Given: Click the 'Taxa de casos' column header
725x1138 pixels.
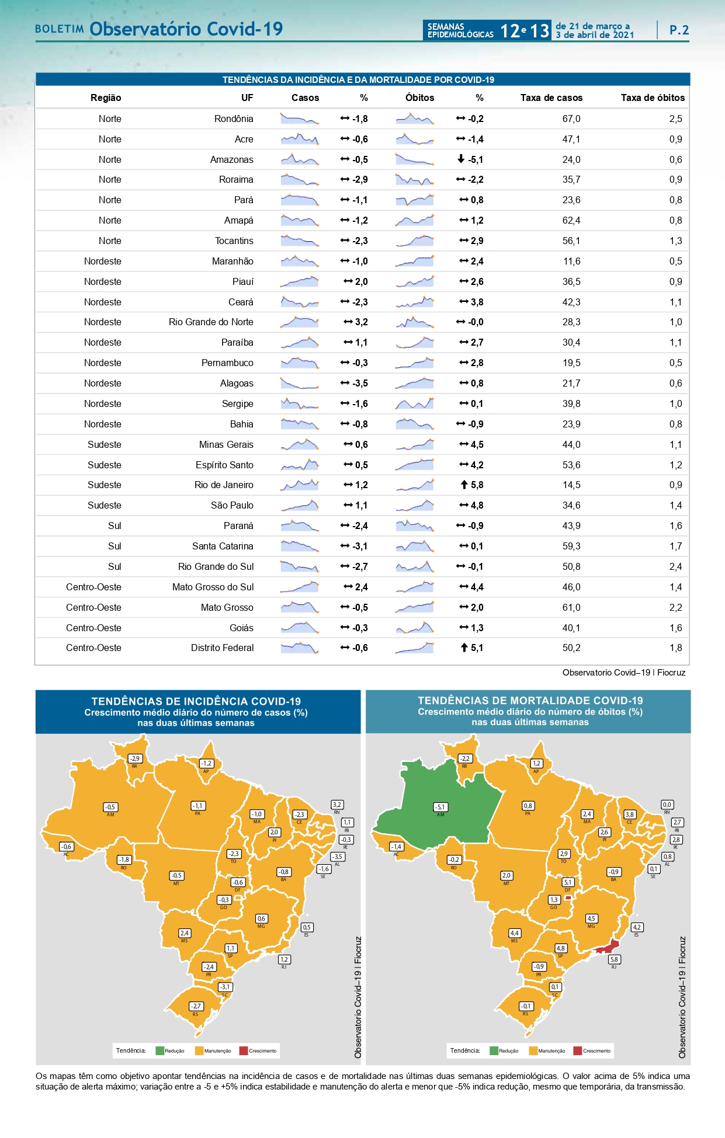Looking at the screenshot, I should click(x=551, y=98).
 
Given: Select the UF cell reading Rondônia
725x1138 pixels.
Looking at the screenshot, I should click(x=234, y=119).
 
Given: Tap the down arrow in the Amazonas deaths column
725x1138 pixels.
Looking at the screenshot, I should click(x=461, y=159).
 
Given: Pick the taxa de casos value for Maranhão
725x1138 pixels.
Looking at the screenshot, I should click(x=571, y=262).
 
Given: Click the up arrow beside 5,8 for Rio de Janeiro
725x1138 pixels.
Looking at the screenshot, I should click(x=464, y=485).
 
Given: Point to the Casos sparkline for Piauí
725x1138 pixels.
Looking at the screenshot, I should click(x=300, y=281).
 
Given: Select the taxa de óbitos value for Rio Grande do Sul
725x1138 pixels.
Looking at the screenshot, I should click(x=675, y=567).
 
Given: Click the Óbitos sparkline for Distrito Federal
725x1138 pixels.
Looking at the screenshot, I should click(x=414, y=648).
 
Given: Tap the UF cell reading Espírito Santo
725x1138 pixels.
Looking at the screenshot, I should click(x=224, y=465).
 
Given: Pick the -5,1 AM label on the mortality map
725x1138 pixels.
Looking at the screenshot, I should click(x=440, y=807).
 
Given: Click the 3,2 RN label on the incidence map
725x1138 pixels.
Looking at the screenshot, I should click(x=337, y=805).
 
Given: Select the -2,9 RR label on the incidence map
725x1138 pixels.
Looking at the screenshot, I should click(x=134, y=758).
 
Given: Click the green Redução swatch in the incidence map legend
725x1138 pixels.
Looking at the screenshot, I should click(x=159, y=1051).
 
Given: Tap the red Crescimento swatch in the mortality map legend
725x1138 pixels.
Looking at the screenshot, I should click(x=578, y=1051).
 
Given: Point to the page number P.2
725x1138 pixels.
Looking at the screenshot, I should click(x=679, y=30).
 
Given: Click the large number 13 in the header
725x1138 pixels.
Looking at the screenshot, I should click(x=540, y=30).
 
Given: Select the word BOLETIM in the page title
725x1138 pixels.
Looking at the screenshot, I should click(x=59, y=29).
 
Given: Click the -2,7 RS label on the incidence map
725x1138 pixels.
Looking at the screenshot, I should click(x=196, y=1006).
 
